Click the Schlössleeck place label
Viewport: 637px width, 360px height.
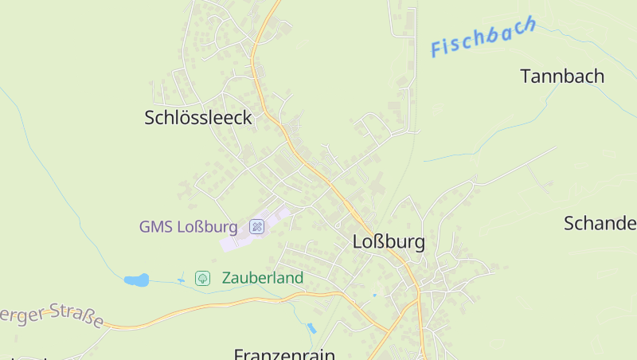tap(198, 118)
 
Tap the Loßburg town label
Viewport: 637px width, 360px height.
tap(389, 242)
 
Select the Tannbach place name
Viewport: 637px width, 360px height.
tap(562, 76)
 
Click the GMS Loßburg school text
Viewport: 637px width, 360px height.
tap(189, 227)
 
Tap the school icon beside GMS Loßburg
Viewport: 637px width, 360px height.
tap(257, 227)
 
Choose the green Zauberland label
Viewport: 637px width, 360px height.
tap(263, 278)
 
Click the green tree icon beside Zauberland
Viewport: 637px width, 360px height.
tap(203, 278)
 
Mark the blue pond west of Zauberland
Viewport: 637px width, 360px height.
tap(136, 280)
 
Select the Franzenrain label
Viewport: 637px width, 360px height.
tap(284, 354)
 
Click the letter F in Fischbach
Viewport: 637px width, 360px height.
tap(437, 50)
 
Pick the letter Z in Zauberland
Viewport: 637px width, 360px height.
tap(227, 278)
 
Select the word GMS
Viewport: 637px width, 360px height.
tap(155, 227)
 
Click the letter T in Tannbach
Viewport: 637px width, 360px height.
tap(526, 76)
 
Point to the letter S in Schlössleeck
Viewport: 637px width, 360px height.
tap(150, 118)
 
